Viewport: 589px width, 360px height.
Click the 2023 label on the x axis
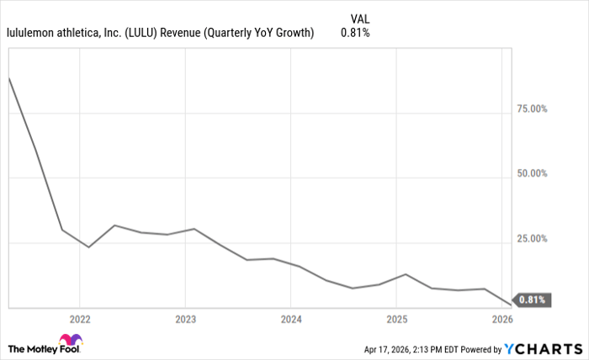tap(185, 320)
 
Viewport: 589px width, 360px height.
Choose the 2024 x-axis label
tap(291, 320)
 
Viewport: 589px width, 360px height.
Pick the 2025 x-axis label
tap(397, 320)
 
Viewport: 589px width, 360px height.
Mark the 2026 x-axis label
tap(502, 320)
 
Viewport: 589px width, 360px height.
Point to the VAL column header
tap(358, 18)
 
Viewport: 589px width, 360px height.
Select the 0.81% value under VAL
tap(355, 34)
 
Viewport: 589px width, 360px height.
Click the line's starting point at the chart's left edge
tap(8, 77)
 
